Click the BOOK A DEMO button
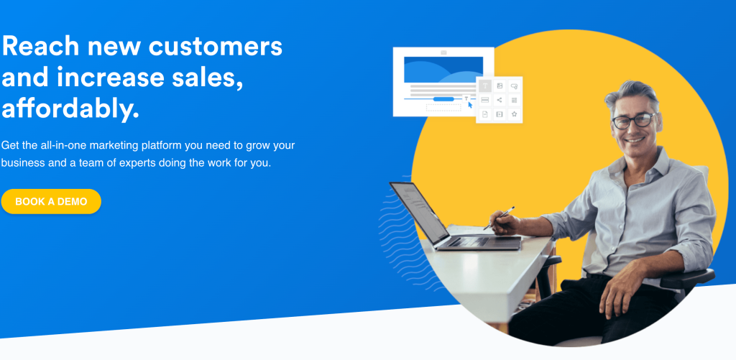[51, 201]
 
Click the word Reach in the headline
[40, 46]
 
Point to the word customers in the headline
[216, 47]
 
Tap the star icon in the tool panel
[514, 114]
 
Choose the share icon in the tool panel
[500, 100]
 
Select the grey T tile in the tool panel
[485, 86]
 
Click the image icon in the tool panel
[500, 86]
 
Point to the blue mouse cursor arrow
[470, 105]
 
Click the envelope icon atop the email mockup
[443, 52]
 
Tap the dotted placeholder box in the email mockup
[443, 108]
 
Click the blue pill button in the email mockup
[443, 99]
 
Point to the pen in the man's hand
[500, 218]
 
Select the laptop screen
[420, 211]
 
